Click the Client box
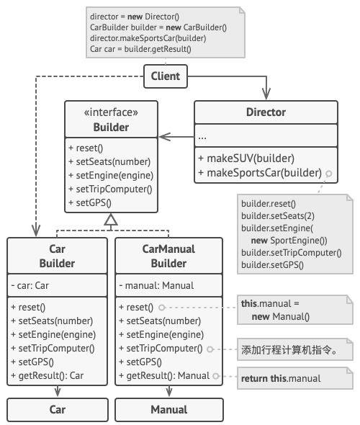click(166, 76)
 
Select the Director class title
click(266, 112)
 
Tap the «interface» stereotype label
click(112, 112)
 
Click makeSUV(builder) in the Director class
click(246, 158)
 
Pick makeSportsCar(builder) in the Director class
click(259, 173)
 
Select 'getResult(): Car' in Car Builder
click(48, 375)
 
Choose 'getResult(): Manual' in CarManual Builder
click(168, 375)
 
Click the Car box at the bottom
click(57, 409)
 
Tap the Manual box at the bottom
click(168, 409)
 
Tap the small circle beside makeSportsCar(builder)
click(328, 174)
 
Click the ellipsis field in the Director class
click(203, 135)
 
